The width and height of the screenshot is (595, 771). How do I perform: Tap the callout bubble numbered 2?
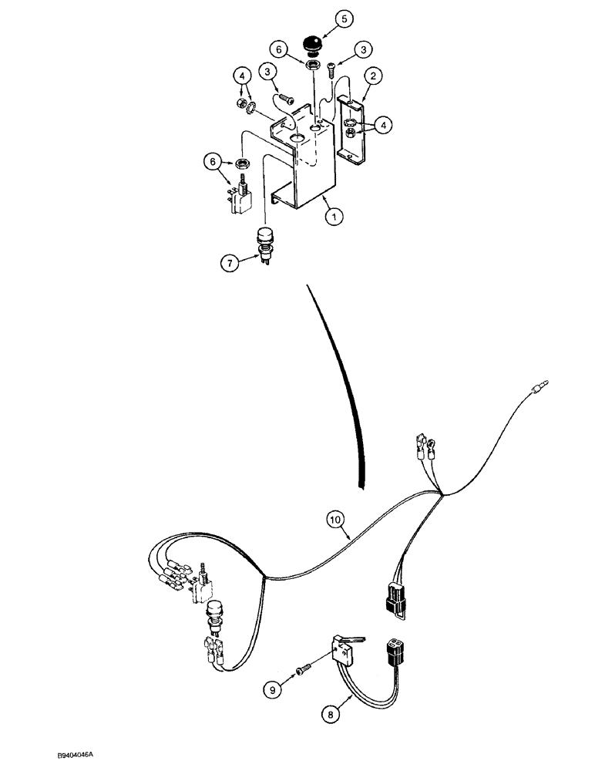[374, 75]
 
